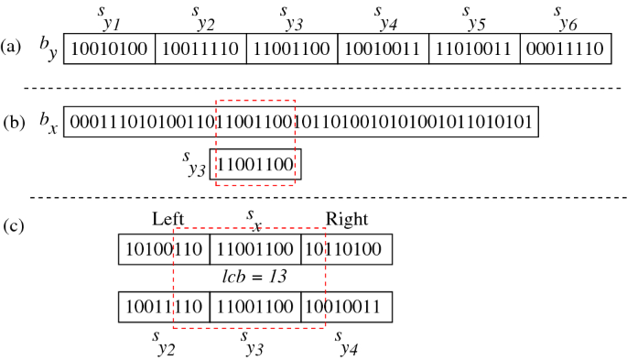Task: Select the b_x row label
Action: click(48, 124)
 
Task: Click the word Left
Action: click(168, 219)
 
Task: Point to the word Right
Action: click(347, 219)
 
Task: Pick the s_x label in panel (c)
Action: click(254, 218)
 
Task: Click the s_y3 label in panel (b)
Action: click(193, 165)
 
